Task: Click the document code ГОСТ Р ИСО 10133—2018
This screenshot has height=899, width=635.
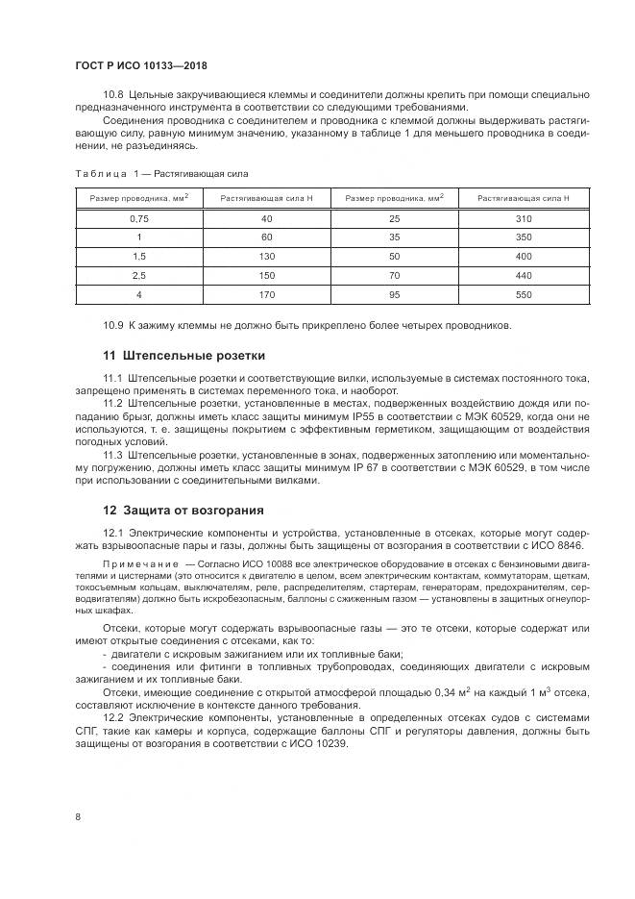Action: [x=141, y=65]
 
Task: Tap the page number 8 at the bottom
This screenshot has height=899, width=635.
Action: [x=77, y=816]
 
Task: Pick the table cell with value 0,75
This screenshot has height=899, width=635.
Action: [x=139, y=219]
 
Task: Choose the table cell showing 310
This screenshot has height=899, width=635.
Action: [x=523, y=219]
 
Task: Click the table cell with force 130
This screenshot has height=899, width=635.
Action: [x=267, y=256]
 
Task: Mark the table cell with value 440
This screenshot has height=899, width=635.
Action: [x=523, y=274]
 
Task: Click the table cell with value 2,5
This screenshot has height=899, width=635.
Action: [x=139, y=274]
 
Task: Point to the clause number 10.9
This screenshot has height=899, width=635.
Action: [x=113, y=324]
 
